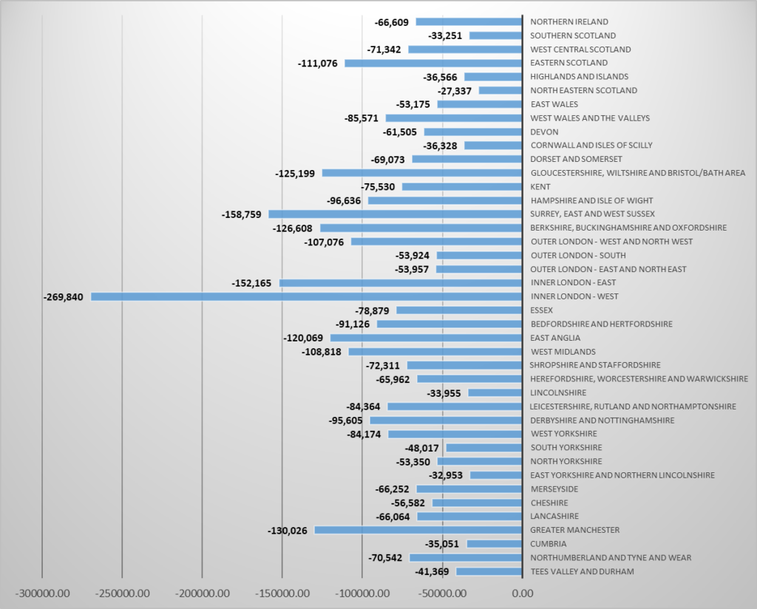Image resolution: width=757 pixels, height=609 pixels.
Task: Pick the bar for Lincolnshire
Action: point(495,392)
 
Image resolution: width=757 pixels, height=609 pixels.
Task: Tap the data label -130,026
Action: point(288,530)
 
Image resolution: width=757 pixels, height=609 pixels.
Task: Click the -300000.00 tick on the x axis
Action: point(42,593)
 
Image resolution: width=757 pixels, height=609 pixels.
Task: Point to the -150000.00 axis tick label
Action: point(282,593)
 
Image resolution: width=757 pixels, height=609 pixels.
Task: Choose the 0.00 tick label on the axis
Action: point(522,593)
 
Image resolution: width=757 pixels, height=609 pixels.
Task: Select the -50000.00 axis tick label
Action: point(441,593)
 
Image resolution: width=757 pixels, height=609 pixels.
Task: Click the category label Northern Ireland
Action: point(569,21)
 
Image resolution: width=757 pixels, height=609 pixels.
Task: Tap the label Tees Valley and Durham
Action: point(582,571)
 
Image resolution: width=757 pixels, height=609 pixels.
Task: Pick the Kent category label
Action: point(540,186)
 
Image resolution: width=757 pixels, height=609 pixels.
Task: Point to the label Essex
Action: point(542,310)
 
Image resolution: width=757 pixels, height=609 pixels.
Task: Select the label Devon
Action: point(545,132)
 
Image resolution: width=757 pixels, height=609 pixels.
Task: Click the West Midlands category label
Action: point(563,352)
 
